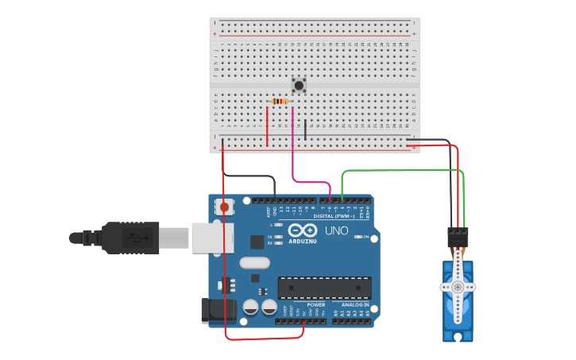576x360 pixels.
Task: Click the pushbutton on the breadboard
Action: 299,84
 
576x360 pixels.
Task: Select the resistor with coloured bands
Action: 280,101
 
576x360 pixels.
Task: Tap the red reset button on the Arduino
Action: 224,207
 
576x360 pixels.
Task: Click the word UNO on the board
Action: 336,230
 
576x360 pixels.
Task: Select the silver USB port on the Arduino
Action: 212,237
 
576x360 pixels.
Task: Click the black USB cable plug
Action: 131,237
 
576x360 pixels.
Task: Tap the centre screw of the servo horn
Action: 458,286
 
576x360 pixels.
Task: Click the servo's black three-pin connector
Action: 458,235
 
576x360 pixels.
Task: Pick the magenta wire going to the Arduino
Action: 294,159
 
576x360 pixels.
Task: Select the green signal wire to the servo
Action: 397,169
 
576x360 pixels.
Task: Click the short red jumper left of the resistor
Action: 268,127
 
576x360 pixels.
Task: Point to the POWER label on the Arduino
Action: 315,304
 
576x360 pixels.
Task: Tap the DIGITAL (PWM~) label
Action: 334,215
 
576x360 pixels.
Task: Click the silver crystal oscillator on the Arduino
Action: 254,262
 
